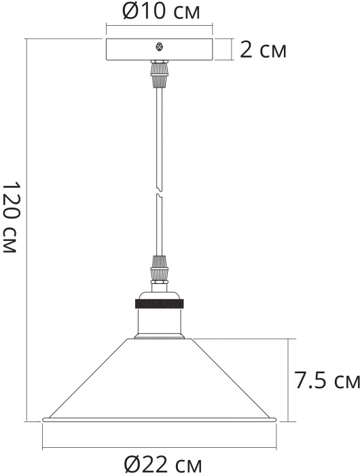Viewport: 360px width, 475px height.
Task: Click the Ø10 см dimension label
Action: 161,12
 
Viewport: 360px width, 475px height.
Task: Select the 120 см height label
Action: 12,217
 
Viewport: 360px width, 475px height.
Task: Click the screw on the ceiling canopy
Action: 159,47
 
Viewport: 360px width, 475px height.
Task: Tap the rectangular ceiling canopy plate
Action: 159,50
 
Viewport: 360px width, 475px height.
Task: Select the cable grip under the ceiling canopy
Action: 159,74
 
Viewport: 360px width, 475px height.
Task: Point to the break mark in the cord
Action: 159,191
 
